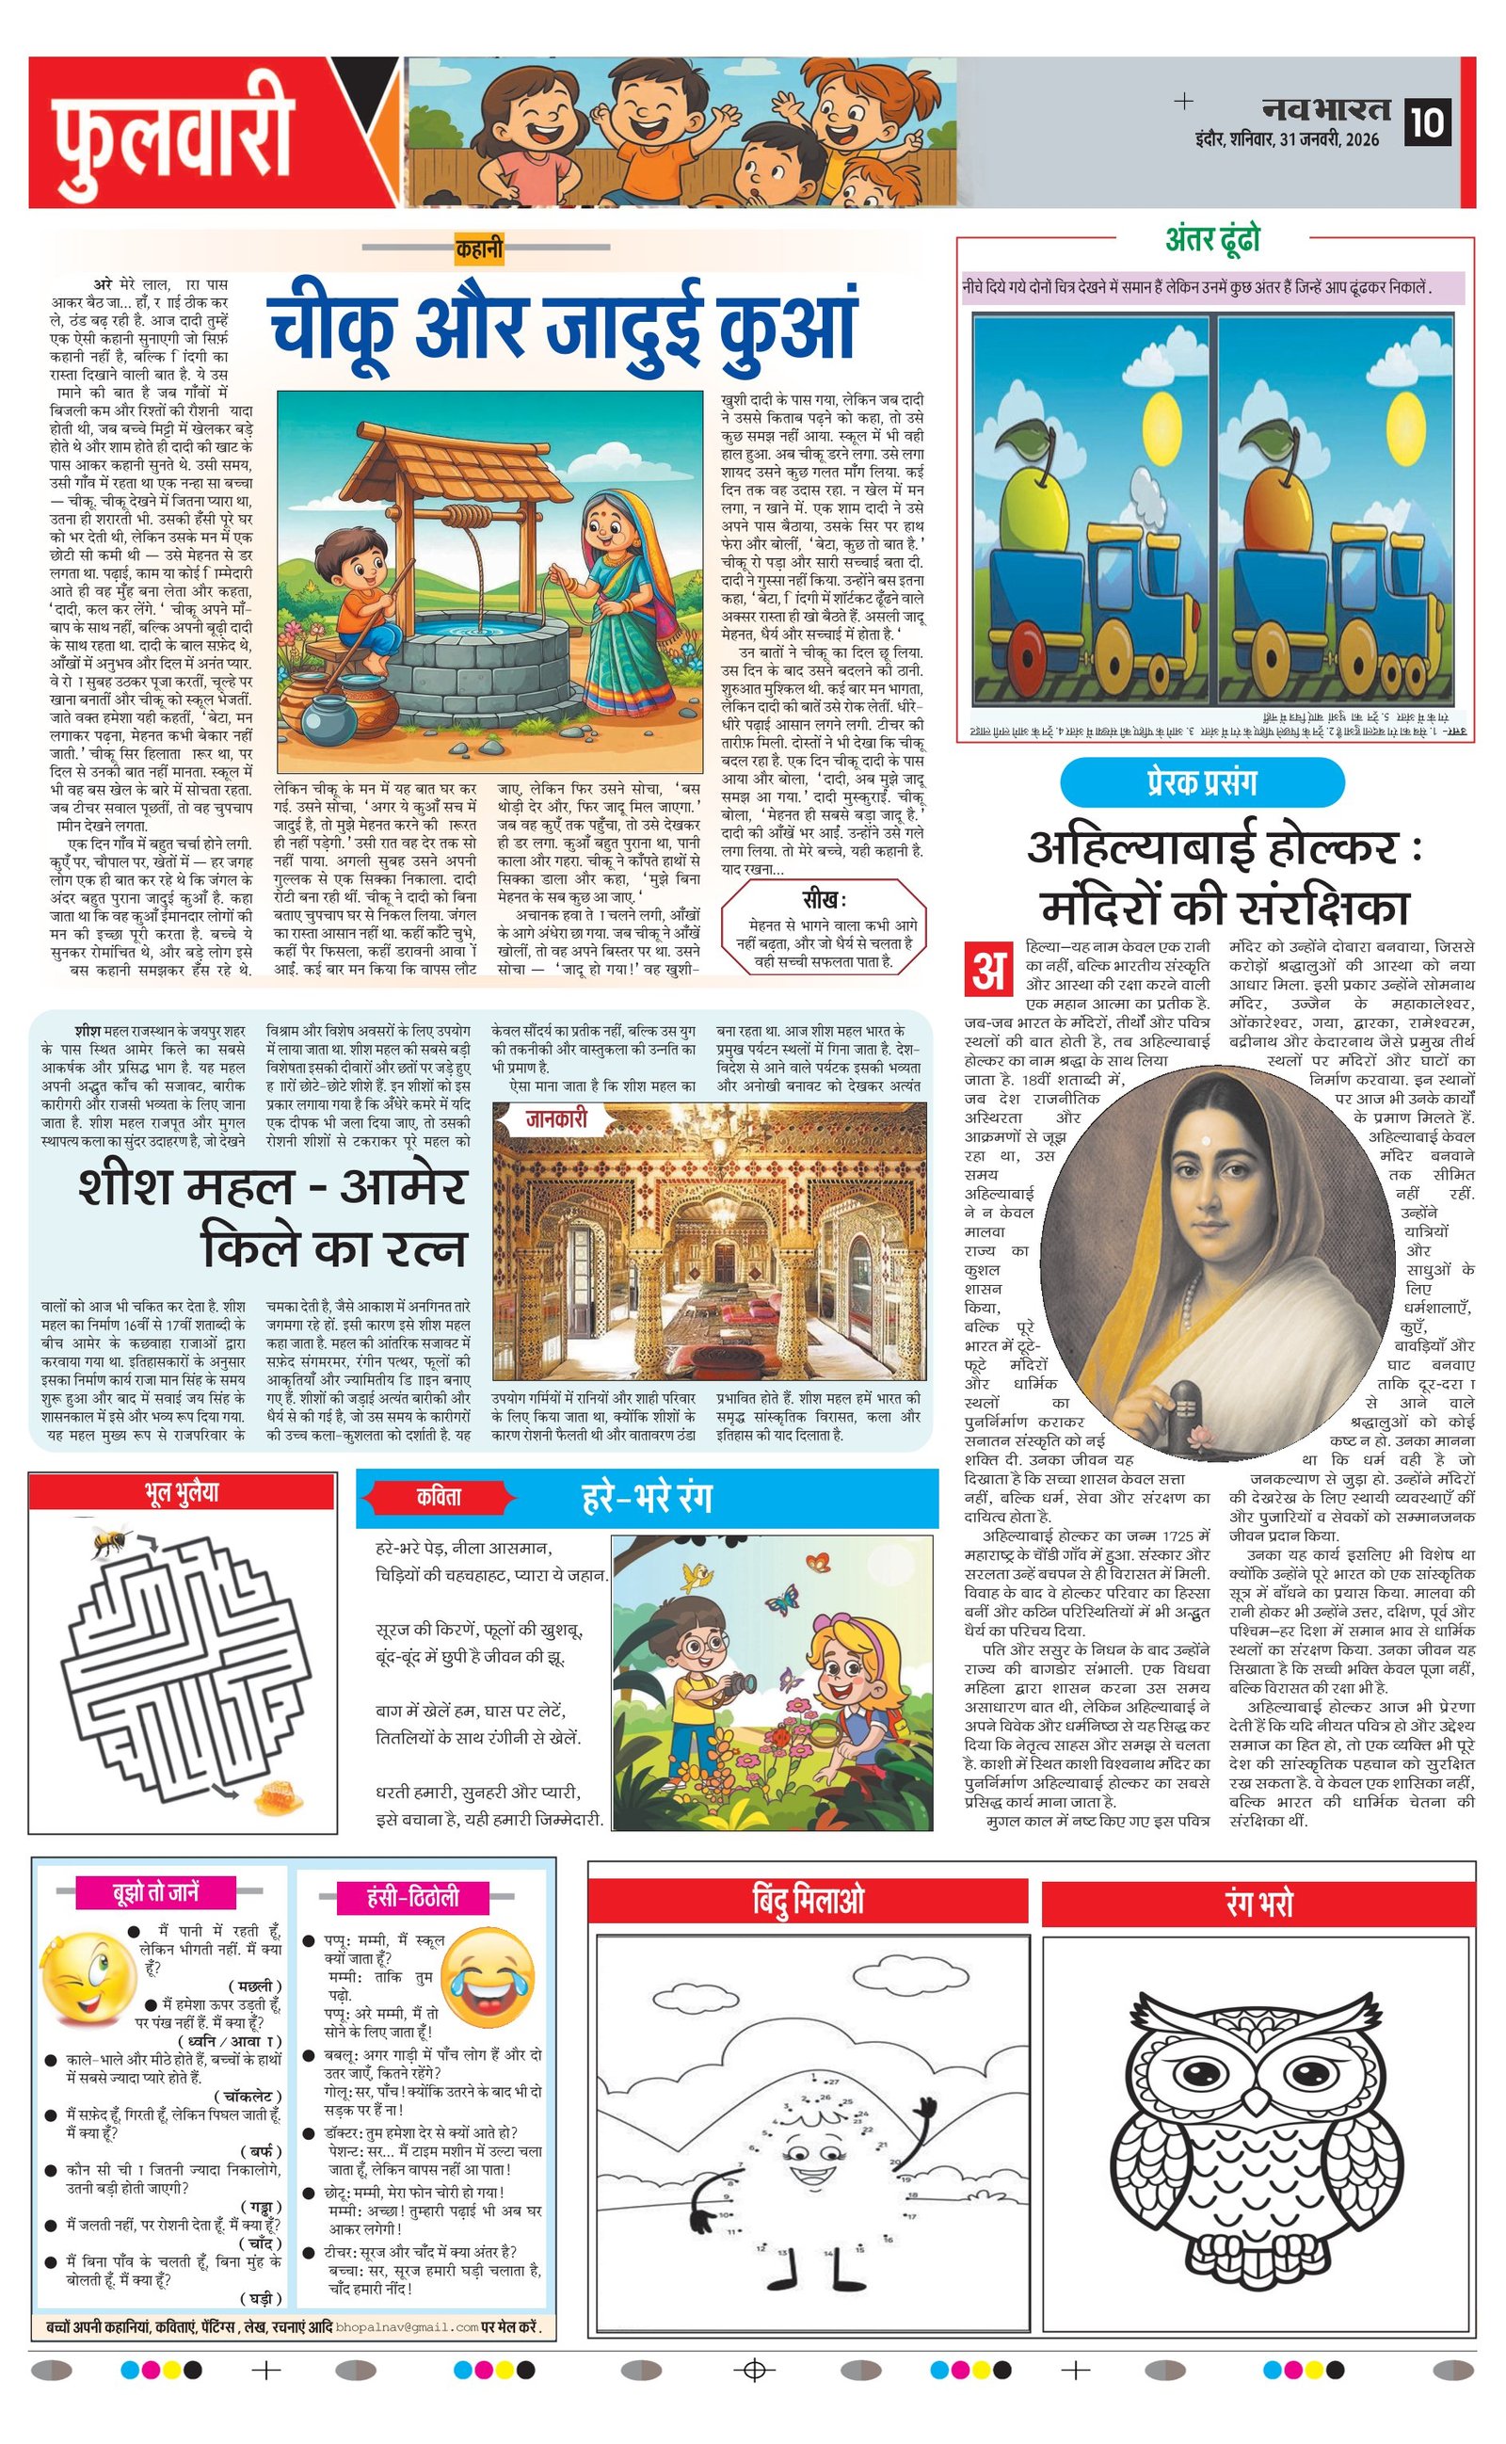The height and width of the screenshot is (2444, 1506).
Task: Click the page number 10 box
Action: click(x=1426, y=122)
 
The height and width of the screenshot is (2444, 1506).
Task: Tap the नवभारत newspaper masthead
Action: click(x=1325, y=108)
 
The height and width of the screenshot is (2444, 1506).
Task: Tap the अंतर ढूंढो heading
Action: click(x=1212, y=239)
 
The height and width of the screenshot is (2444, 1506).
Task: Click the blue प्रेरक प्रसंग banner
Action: click(x=1201, y=782)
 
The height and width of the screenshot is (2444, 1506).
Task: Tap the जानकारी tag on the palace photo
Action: click(x=557, y=1119)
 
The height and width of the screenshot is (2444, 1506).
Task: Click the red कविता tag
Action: click(x=440, y=1497)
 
